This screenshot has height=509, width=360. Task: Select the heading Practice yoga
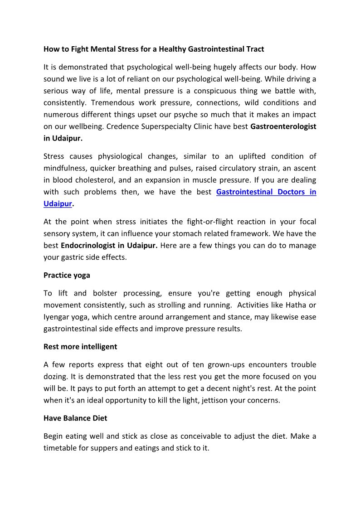pyautogui.click(x=67, y=275)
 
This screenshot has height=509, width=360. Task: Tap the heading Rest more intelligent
pyautogui.click(x=80, y=347)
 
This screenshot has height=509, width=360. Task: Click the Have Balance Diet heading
pyautogui.click(x=75, y=418)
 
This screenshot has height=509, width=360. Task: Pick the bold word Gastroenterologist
pyautogui.click(x=283, y=126)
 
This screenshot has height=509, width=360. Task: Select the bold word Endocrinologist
pyautogui.click(x=88, y=246)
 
